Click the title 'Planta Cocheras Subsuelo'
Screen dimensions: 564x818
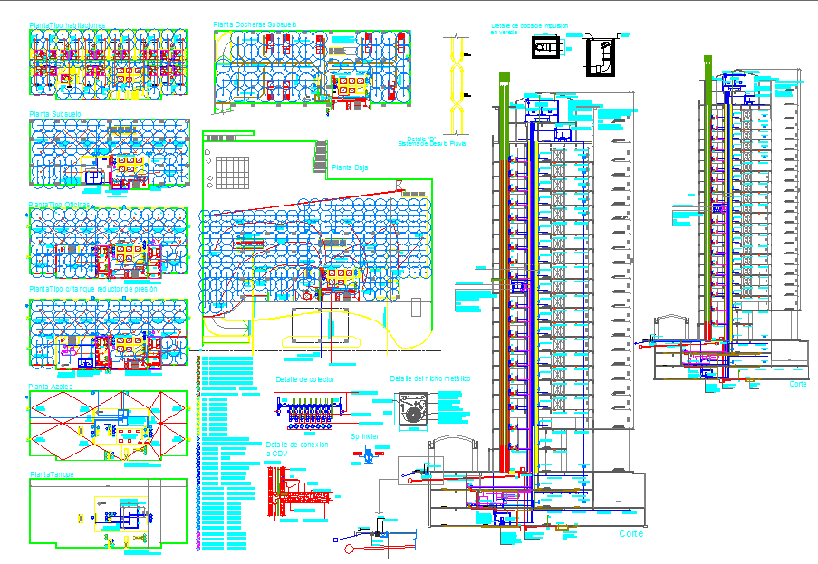click(255, 24)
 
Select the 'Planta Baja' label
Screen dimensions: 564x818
click(350, 167)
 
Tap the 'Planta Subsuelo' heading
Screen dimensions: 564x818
click(56, 114)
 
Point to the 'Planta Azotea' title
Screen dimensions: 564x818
click(51, 386)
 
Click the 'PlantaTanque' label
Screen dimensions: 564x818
click(52, 473)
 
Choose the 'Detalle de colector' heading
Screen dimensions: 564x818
click(304, 379)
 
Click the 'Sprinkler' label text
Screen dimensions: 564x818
click(365, 436)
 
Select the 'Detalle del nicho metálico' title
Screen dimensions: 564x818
click(430, 379)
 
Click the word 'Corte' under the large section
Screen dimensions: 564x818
click(631, 535)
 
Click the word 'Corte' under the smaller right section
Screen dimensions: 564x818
click(797, 384)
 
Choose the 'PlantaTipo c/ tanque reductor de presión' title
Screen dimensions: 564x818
click(94, 288)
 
